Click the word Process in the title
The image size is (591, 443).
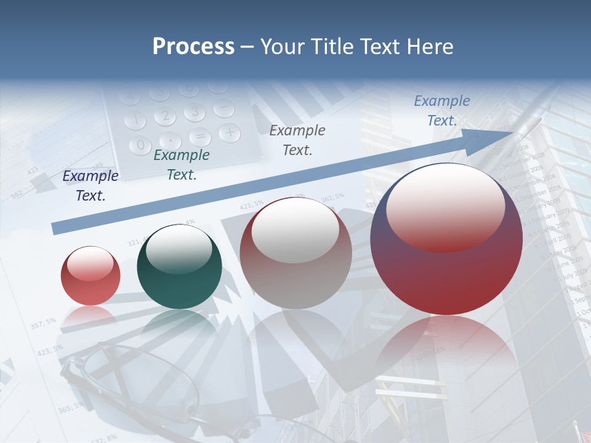[193, 47]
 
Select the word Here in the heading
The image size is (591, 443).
[428, 47]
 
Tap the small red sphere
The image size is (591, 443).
[90, 276]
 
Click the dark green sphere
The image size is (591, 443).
[179, 267]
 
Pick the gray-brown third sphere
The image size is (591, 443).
[295, 253]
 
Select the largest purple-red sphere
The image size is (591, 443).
[446, 240]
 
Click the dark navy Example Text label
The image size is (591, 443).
[90, 186]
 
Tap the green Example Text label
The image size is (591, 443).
[182, 165]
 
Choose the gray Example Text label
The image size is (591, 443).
[297, 140]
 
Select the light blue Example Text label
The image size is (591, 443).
[441, 111]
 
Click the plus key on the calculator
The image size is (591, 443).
[229, 132]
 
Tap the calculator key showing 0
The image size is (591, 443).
[141, 145]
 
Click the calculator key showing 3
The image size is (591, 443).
[194, 112]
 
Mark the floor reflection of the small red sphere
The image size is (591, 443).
[90, 316]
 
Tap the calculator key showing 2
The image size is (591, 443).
[164, 116]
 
